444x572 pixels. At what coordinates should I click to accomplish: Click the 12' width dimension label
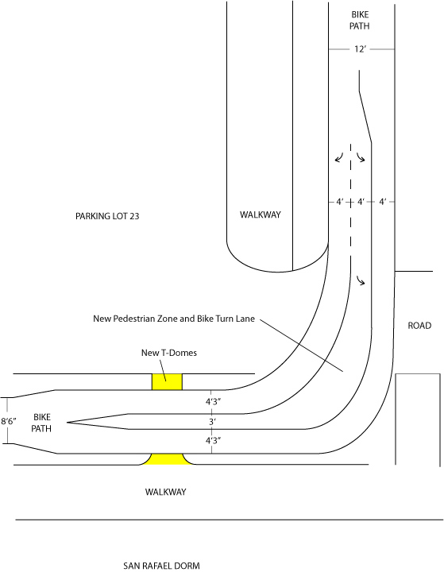(360, 49)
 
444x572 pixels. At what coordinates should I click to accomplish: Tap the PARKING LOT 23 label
(107, 216)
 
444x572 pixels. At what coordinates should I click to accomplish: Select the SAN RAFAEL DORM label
(161, 566)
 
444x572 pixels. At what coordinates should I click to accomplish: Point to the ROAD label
(419, 326)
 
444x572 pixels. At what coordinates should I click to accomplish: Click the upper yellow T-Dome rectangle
(167, 382)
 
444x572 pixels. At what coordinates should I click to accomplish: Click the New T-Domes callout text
(169, 353)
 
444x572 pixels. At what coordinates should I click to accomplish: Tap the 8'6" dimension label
(9, 421)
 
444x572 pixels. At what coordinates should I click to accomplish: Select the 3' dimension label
(212, 422)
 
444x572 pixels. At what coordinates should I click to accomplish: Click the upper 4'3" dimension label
(214, 402)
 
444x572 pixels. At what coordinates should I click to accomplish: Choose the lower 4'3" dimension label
(214, 441)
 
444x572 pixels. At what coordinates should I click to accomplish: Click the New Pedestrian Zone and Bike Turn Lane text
(174, 319)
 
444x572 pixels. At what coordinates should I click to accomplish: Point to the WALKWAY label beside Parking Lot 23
(260, 214)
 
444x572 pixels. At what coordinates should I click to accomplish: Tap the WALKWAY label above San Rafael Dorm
(166, 492)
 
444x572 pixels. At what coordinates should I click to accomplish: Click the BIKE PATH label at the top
(360, 21)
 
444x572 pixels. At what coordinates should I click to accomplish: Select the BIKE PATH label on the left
(41, 423)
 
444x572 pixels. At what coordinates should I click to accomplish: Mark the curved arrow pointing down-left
(339, 157)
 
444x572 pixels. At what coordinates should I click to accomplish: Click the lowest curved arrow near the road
(361, 280)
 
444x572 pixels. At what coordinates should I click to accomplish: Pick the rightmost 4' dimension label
(382, 202)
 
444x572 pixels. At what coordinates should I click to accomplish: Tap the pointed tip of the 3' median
(68, 423)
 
